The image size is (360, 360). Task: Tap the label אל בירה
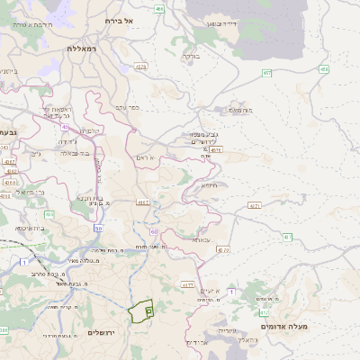(119, 20)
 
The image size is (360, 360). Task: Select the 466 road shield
(159, 9)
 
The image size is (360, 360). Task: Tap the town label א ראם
(145, 157)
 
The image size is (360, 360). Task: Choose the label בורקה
(191, 56)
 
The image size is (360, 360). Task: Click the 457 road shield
(266, 72)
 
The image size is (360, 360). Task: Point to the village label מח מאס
(240, 110)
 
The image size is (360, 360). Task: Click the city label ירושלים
(105, 333)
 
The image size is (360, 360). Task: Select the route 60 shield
(154, 232)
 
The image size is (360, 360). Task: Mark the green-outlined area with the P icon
(140, 310)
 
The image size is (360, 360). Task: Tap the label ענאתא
(202, 240)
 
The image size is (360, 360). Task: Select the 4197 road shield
(142, 202)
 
